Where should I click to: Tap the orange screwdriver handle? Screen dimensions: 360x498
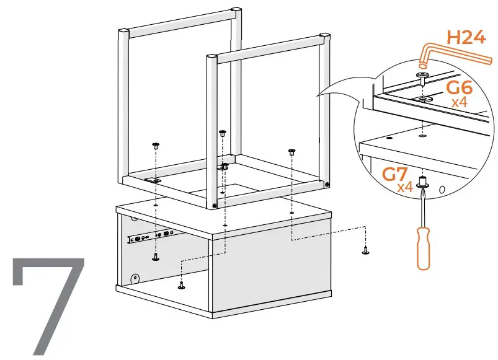[424, 247]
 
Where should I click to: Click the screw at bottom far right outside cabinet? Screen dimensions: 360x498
[365, 250]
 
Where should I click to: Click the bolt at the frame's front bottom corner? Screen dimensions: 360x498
[215, 206]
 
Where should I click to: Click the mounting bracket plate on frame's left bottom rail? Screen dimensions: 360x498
[153, 179]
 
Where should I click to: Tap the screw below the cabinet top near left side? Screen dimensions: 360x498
[155, 256]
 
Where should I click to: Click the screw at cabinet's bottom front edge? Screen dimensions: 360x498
[181, 285]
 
